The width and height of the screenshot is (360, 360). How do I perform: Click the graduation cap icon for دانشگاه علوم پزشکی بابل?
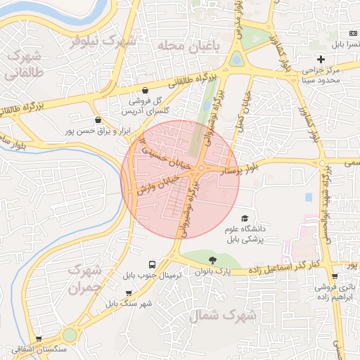point(244,219)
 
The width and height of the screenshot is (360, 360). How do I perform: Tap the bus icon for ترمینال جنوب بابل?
point(153,264)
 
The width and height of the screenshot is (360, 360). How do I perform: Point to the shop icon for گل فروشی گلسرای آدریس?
point(145,90)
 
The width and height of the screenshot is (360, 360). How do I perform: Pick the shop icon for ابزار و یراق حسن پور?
point(98,120)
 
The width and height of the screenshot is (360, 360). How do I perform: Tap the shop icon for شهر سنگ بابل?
point(128,293)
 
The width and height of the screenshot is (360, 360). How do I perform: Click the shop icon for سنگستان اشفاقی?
point(39,338)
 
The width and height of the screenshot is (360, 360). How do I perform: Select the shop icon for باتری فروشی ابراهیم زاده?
point(334,276)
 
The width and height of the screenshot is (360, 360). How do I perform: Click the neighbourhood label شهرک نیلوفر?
point(103,40)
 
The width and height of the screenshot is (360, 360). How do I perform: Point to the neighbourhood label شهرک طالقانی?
point(24,64)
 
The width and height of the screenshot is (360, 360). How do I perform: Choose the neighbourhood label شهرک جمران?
point(83,280)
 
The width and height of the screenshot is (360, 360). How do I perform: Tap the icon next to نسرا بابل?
point(352,34)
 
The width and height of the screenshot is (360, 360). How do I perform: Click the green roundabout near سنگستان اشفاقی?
point(70,335)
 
